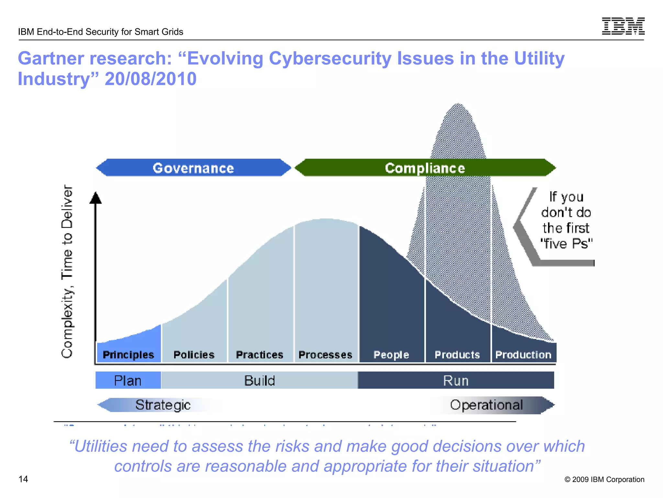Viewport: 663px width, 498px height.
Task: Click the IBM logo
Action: tap(623, 26)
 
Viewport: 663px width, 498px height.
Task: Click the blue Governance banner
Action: tap(194, 168)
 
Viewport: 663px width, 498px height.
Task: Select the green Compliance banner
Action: tap(425, 168)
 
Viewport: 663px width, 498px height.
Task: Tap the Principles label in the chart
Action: tap(128, 355)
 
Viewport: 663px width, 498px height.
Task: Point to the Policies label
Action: tap(194, 355)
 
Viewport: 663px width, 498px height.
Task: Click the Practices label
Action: tap(259, 355)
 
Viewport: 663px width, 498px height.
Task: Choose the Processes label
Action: tap(325, 355)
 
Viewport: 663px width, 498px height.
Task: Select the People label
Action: tap(391, 355)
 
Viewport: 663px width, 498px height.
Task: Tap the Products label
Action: tap(457, 355)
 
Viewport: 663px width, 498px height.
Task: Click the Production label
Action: tap(523, 355)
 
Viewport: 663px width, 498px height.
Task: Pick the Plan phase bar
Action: tap(128, 380)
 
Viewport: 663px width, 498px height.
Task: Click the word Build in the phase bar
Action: tap(259, 380)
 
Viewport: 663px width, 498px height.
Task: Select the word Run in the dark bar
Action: tap(455, 380)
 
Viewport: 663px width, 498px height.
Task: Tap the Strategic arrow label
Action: tap(163, 405)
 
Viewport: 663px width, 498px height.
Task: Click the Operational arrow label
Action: tap(486, 405)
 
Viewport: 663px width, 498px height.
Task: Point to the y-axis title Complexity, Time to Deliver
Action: tap(67, 271)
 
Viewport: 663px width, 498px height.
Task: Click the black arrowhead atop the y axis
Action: tap(96, 198)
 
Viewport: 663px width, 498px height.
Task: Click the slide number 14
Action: tap(23, 479)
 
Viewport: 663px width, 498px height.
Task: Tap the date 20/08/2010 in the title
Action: tap(151, 79)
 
